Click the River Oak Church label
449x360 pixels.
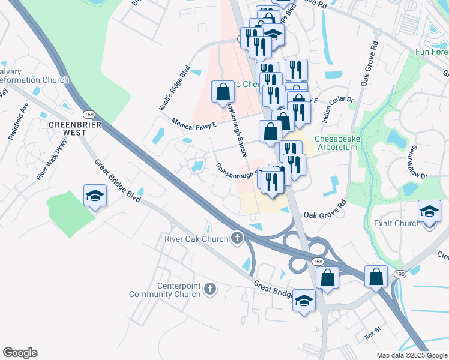pyautogui.click(x=196, y=239)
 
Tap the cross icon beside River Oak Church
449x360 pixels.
pyautogui.click(x=237, y=239)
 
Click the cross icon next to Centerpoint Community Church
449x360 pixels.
pyautogui.click(x=209, y=290)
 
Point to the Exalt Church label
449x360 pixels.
pyautogui.click(x=399, y=223)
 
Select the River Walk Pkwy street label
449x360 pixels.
pyautogui.click(x=53, y=160)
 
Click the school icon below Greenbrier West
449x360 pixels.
pyautogui.click(x=95, y=197)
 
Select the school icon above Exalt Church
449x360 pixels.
pyautogui.click(x=429, y=212)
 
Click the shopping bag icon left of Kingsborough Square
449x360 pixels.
pyautogui.click(x=223, y=92)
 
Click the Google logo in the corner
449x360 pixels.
pyautogui.click(x=20, y=353)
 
